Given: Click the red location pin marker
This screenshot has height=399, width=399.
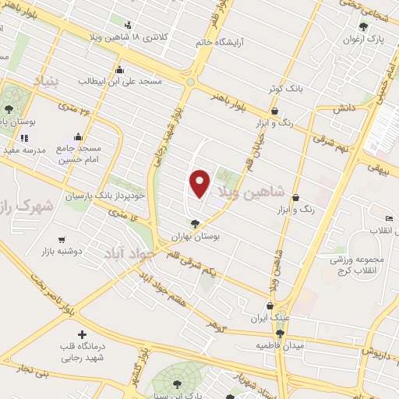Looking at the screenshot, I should (x=200, y=184).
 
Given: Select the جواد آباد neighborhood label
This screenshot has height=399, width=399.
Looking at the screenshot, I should (x=131, y=253).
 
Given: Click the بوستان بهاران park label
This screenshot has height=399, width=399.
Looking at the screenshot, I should (x=192, y=235).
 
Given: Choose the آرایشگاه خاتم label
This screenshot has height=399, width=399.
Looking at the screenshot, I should (x=226, y=42).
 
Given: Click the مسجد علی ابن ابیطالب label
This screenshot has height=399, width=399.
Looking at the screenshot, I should (x=124, y=80).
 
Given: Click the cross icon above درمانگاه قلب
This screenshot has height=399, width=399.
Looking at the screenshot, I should (x=81, y=334).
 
